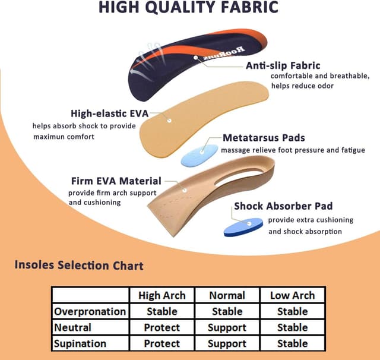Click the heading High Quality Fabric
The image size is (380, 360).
point(188,8)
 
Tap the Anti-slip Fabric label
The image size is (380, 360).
point(283,65)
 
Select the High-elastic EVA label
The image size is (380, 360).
point(109,113)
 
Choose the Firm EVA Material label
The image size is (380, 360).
point(116,181)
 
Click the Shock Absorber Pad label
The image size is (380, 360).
point(283,206)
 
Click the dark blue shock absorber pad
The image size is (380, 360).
point(243,226)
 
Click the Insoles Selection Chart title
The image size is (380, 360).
point(79,265)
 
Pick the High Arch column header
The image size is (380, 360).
point(161,295)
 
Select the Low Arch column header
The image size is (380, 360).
point(292,295)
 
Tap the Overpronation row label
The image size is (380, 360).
point(90,311)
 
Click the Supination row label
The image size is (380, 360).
point(80,343)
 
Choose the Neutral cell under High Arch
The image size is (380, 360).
point(161,327)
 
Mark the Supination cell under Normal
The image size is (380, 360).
point(227,343)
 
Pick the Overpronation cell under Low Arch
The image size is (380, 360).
point(292,311)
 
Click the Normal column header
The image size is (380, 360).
point(227,295)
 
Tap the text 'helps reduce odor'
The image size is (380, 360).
point(302,86)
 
